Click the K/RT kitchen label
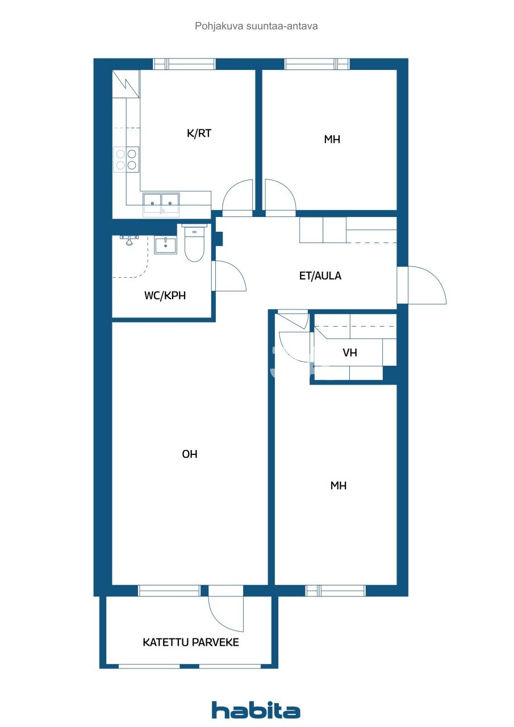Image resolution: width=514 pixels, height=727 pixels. click(199, 133)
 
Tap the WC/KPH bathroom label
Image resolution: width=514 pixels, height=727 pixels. click(165, 295)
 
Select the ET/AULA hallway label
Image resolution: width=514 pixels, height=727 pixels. click(320, 276)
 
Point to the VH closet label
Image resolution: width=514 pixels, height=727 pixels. click(350, 353)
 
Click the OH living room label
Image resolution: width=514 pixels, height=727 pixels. click(190, 454)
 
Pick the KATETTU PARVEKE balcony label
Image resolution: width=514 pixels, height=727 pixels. click(191, 642)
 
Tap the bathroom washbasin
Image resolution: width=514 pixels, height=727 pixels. click(165, 245)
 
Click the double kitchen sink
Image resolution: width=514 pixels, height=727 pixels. click(161, 202)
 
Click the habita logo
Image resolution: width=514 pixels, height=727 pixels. click(256, 710)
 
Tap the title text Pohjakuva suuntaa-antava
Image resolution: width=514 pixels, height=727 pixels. click(256, 26)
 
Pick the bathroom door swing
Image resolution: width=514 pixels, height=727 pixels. click(229, 276)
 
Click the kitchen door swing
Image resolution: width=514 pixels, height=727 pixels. click(237, 196)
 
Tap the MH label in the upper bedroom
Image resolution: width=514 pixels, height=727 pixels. click(332, 139)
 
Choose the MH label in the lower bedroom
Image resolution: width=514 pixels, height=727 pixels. click(339, 486)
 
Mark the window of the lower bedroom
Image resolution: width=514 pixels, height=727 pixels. click(335, 591)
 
